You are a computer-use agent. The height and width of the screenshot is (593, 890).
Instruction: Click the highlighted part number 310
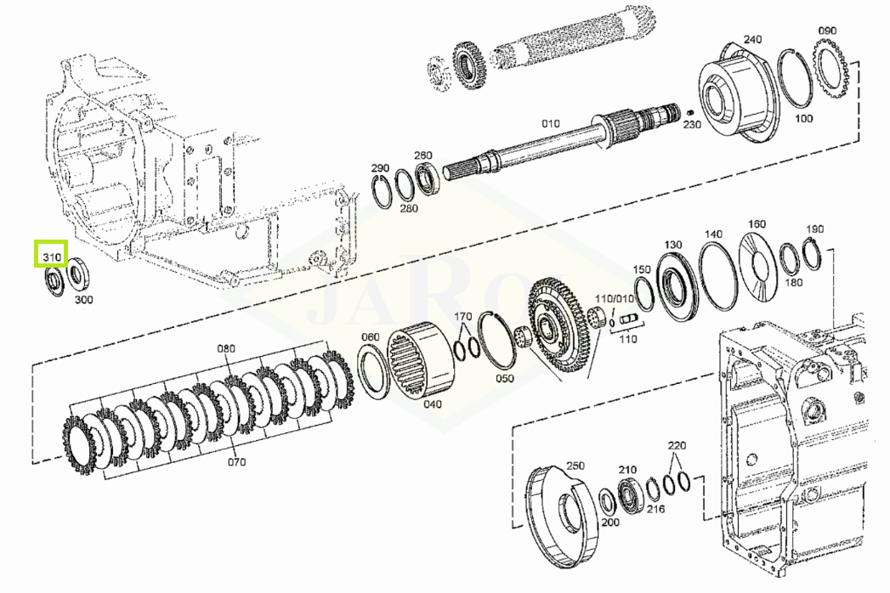tap(52, 257)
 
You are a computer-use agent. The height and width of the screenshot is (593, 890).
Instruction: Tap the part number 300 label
tap(84, 299)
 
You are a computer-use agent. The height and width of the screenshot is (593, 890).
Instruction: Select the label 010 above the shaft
tap(551, 123)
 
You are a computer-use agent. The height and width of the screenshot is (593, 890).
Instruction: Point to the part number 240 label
tap(752, 39)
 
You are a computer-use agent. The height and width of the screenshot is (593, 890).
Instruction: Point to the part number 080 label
tap(226, 347)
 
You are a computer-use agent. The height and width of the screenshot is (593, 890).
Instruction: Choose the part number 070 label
tap(236, 461)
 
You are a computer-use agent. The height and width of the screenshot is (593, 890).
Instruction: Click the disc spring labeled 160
tap(757, 266)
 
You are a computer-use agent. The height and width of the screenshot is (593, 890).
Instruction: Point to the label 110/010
tap(614, 298)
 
